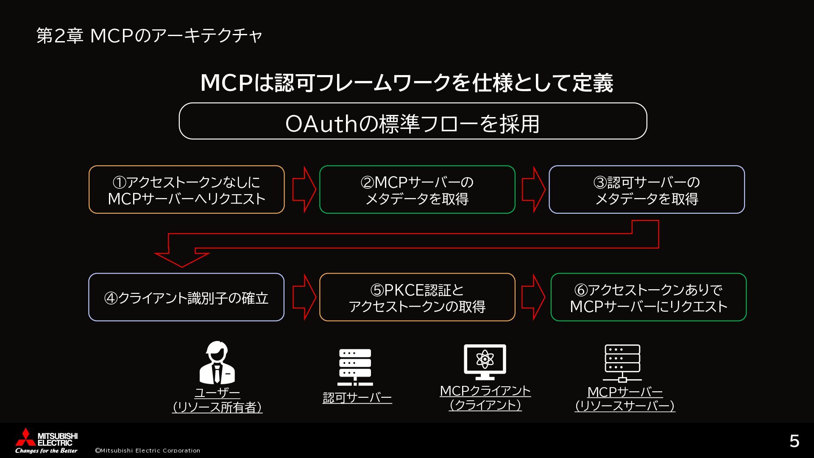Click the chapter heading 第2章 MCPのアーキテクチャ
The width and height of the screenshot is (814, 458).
click(x=149, y=36)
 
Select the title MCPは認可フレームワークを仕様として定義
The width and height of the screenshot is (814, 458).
click(x=407, y=83)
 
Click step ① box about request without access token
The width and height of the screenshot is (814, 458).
click(x=187, y=190)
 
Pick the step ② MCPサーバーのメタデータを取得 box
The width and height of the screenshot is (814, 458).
click(x=417, y=190)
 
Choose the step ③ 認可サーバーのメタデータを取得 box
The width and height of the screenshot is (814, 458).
click(x=647, y=190)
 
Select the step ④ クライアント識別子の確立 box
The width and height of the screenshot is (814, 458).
click(x=187, y=297)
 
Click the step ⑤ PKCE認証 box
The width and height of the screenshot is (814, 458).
click(x=417, y=297)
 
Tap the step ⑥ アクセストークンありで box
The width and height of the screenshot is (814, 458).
click(x=648, y=297)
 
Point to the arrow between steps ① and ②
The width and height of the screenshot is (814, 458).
click(x=304, y=189)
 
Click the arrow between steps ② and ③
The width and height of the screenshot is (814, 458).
click(x=533, y=189)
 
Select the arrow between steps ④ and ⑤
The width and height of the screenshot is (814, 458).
click(x=304, y=297)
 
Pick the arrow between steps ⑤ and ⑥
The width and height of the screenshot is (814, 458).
click(x=533, y=297)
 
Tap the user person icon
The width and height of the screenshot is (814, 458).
click(x=217, y=363)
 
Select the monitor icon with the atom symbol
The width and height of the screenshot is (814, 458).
click(x=485, y=362)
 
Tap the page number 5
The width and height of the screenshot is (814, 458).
click(x=794, y=441)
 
